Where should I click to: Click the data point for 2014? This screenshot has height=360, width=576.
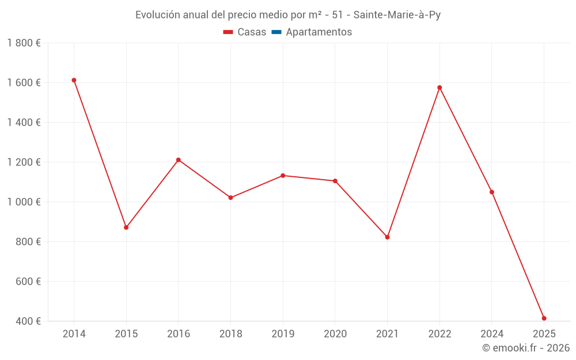point(74,80)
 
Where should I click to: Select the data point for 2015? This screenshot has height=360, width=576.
point(126,228)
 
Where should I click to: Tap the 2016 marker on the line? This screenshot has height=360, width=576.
point(179,160)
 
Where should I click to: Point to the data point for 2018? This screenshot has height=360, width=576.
point(230,198)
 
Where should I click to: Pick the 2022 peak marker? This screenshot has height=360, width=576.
point(439,88)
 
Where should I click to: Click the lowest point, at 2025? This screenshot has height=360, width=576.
point(544,319)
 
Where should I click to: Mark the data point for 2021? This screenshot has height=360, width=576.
point(387,237)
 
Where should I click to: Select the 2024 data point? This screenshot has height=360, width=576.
point(492,192)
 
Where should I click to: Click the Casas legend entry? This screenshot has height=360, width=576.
point(245,32)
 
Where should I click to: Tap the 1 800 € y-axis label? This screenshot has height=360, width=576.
point(24,43)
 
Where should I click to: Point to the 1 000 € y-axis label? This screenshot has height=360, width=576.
point(24,202)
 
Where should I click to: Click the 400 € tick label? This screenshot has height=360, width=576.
point(28,321)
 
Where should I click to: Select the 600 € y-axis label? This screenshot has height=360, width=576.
point(28,282)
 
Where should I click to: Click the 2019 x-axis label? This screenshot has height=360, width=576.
point(283,334)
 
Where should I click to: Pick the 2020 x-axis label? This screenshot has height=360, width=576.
point(335,334)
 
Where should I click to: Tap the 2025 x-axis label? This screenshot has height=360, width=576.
point(544,334)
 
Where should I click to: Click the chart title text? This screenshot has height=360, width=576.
point(288,15)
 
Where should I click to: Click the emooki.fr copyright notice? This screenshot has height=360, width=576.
point(526,348)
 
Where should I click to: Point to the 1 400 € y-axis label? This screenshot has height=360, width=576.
point(24,123)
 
